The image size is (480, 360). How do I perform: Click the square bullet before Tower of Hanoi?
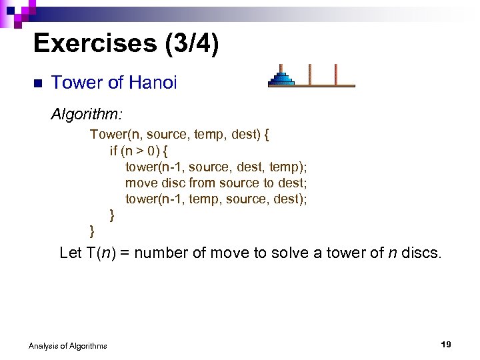click(37, 83)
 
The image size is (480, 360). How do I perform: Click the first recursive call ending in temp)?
click(216, 167)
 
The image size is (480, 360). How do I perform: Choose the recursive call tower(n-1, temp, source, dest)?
click(216, 199)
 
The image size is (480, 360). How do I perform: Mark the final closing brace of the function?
click(93, 231)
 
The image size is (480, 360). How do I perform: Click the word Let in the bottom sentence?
click(70, 253)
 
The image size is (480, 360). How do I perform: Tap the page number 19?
click(446, 344)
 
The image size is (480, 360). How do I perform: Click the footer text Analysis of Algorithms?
click(67, 345)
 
